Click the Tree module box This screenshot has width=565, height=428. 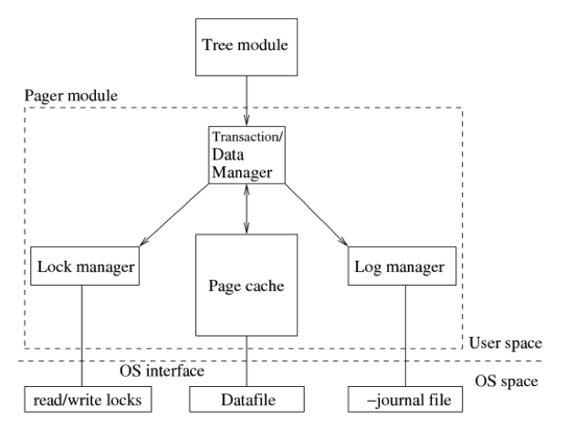click(246, 47)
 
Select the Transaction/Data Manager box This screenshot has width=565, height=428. click(246, 155)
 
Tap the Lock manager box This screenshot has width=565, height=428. click(85, 266)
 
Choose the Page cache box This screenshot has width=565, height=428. click(246, 285)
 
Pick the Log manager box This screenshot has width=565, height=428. click(402, 266)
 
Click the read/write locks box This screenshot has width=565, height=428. click(88, 399)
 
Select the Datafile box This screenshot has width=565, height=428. click(246, 399)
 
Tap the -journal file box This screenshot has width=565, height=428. click(405, 399)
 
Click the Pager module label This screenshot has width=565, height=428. click(71, 96)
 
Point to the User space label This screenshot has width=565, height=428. click(505, 343)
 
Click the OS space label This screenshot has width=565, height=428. click(507, 381)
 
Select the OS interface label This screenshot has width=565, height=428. click(162, 371)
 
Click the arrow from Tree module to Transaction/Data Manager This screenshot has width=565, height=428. click(246, 101)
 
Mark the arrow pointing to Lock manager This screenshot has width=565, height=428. click(174, 215)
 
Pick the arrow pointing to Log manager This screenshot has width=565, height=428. click(317, 215)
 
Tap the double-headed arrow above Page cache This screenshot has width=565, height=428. click(246, 209)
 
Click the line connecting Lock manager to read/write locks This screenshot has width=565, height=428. click(82, 336)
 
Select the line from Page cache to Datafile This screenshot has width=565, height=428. click(246, 361)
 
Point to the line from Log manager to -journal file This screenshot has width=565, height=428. click(405, 336)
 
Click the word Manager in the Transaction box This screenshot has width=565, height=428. click(242, 172)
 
